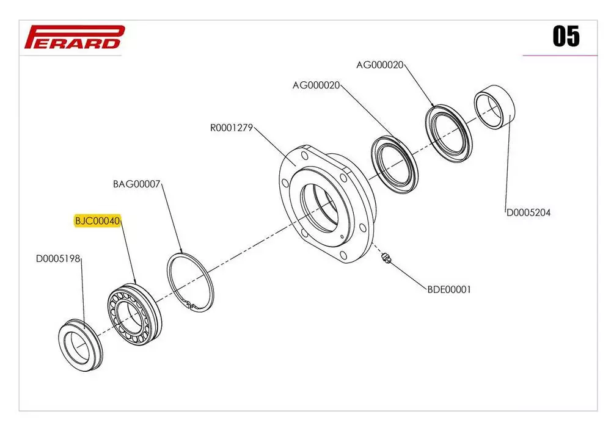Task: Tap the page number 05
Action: click(x=566, y=37)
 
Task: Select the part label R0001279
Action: click(x=231, y=128)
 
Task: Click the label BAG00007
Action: click(x=136, y=184)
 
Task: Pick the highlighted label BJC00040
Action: click(x=98, y=220)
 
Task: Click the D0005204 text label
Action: click(x=529, y=213)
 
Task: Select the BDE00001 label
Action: click(x=449, y=290)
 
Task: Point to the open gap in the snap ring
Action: click(x=191, y=304)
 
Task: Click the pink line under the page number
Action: click(x=560, y=56)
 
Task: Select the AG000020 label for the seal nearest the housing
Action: click(x=316, y=85)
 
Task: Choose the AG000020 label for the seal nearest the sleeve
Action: click(x=380, y=65)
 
